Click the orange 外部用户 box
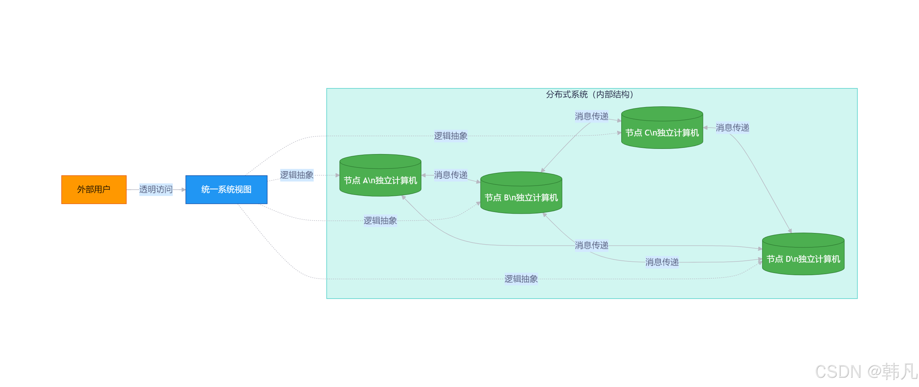pyautogui.click(x=94, y=189)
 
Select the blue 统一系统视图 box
pyautogui.click(x=226, y=189)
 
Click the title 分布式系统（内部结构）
pyautogui.click(x=590, y=94)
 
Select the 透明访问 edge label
pyautogui.click(x=156, y=189)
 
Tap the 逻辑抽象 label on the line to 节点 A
pyautogui.click(x=296, y=175)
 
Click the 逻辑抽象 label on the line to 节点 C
pyautogui.click(x=451, y=136)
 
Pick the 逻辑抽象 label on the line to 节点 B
pyautogui.click(x=380, y=221)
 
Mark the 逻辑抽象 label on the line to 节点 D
pyautogui.click(x=521, y=279)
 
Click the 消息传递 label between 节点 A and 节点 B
pyautogui.click(x=451, y=175)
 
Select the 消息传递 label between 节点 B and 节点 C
pyautogui.click(x=591, y=116)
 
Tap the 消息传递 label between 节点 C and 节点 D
pyautogui.click(x=732, y=128)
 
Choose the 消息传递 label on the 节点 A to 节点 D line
pyautogui.click(x=591, y=245)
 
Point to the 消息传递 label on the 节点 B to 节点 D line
pyautogui.click(x=662, y=262)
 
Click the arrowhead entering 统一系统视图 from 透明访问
pyautogui.click(x=183, y=190)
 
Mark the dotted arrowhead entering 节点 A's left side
pyautogui.click(x=338, y=175)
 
